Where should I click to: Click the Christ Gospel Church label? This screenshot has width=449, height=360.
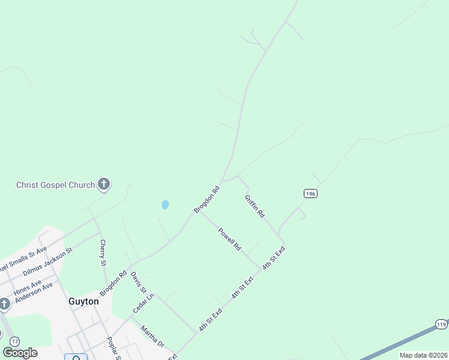point(55,185)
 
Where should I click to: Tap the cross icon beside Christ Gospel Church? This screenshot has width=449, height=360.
point(104,184)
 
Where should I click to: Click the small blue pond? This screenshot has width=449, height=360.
point(165,205)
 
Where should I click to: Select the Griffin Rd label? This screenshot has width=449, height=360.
point(255,206)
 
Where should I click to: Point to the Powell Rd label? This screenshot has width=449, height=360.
point(229,239)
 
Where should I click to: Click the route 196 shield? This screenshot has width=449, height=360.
point(310,193)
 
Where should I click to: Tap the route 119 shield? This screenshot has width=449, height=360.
point(441,323)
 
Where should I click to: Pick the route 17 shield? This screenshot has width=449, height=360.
point(15,341)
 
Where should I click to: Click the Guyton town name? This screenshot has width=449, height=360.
point(83,302)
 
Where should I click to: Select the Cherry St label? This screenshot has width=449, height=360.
point(103,253)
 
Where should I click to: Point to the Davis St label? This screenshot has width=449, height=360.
point(139,282)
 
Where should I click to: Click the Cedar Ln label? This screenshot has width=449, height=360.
point(143,304)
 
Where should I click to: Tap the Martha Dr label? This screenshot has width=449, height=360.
point(152,336)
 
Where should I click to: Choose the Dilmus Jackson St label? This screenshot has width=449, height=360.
point(47,262)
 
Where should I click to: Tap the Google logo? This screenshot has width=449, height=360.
point(20,353)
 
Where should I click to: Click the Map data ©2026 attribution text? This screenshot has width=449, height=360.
point(423,355)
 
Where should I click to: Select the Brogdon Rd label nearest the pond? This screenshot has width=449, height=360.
point(207,199)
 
